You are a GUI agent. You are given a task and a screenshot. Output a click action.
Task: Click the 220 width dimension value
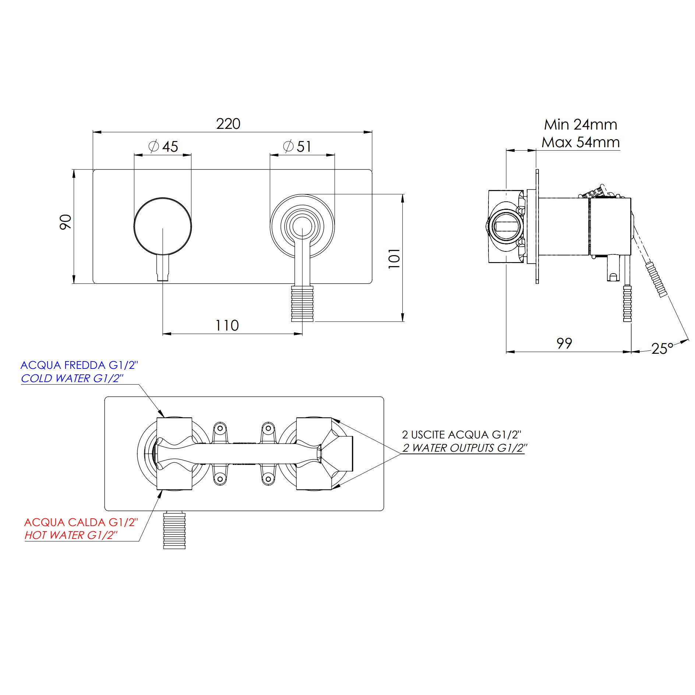pyautogui.click(x=228, y=124)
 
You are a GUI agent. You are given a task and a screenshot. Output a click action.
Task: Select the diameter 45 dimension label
pyautogui.click(x=163, y=147)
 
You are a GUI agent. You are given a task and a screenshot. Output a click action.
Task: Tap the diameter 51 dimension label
pyautogui.click(x=297, y=147)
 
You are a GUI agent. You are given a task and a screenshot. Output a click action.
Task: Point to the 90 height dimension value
pyautogui.click(x=66, y=222)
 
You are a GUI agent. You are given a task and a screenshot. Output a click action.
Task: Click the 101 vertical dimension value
pyautogui.click(x=394, y=258)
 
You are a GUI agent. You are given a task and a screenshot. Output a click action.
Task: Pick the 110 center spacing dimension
pyautogui.click(x=227, y=325)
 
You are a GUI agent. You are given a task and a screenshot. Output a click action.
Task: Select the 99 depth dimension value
pyautogui.click(x=564, y=343)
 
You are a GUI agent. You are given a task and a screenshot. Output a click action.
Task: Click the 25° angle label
pyautogui.click(x=662, y=348)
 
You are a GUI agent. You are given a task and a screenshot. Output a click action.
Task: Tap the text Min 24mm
pyautogui.click(x=581, y=125)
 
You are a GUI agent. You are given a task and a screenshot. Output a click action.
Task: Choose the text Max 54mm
pyautogui.click(x=581, y=142)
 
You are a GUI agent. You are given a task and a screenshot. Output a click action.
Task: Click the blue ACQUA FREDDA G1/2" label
pyautogui.click(x=79, y=365)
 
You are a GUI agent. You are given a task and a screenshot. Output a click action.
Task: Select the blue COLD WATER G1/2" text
pyautogui.click(x=72, y=378)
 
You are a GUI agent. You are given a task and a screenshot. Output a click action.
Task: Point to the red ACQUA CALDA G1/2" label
pyautogui.click(x=81, y=522)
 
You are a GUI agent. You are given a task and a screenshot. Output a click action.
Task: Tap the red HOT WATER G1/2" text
pyautogui.click(x=71, y=535)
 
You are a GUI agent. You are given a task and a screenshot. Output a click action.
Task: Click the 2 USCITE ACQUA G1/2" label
pyautogui.click(x=462, y=435)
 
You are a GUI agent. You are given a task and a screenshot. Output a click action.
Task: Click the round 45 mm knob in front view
pyautogui.click(x=163, y=226)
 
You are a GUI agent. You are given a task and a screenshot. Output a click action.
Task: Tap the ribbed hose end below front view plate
pyautogui.click(x=302, y=304)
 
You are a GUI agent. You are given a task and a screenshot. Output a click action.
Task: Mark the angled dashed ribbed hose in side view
pyautogui.click(x=657, y=284)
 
